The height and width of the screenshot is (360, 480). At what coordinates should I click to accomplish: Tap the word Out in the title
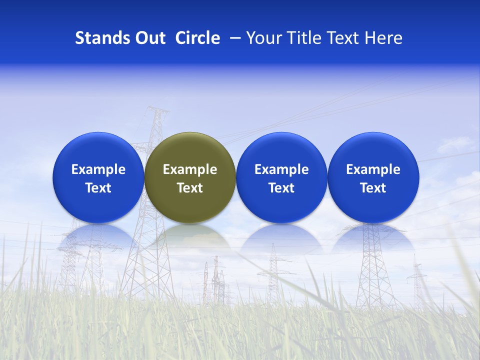click(x=149, y=38)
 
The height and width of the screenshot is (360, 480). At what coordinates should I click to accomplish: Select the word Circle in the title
click(x=197, y=38)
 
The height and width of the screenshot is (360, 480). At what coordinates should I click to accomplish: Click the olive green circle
click(x=190, y=177)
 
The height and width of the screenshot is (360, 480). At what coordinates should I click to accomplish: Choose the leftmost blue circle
click(x=98, y=177)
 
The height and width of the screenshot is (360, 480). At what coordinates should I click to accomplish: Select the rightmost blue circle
click(x=373, y=177)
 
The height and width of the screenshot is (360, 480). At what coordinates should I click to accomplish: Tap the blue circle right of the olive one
click(x=281, y=177)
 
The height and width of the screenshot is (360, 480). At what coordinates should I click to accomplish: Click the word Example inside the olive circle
click(x=190, y=169)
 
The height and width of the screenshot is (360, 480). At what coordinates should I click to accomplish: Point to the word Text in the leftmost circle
click(x=98, y=188)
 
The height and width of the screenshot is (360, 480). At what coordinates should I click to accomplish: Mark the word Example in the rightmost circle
click(x=373, y=169)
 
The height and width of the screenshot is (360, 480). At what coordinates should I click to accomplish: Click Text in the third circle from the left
click(x=281, y=188)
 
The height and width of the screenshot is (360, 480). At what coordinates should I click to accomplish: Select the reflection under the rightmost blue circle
click(x=373, y=237)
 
